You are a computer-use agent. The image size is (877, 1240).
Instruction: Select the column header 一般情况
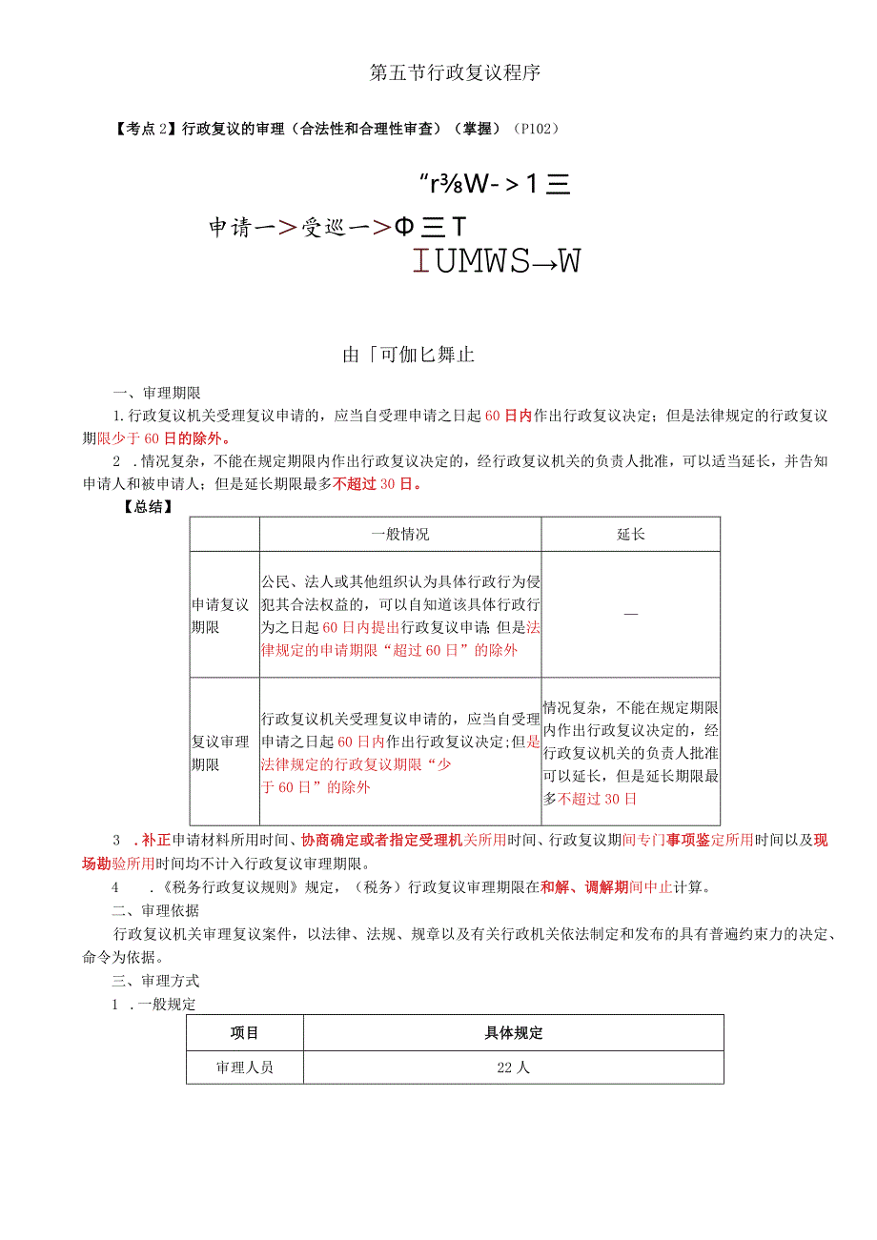(399, 535)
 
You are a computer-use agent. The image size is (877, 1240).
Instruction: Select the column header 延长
(630, 535)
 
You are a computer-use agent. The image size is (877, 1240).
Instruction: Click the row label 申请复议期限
(221, 616)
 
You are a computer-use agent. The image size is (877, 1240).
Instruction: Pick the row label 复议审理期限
(221, 753)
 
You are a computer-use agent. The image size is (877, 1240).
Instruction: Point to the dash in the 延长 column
(630, 616)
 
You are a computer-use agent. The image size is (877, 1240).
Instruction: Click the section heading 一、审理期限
(156, 393)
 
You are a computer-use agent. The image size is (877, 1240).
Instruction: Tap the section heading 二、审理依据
(156, 910)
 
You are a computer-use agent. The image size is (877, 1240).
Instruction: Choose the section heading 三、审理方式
(156, 981)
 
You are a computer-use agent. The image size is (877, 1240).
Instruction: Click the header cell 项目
(245, 1033)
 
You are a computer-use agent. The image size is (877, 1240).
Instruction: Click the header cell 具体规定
(514, 1033)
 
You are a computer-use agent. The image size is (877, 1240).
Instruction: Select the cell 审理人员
(245, 1067)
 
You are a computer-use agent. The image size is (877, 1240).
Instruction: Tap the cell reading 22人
(514, 1067)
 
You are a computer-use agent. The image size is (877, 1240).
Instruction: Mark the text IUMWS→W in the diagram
(497, 260)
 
